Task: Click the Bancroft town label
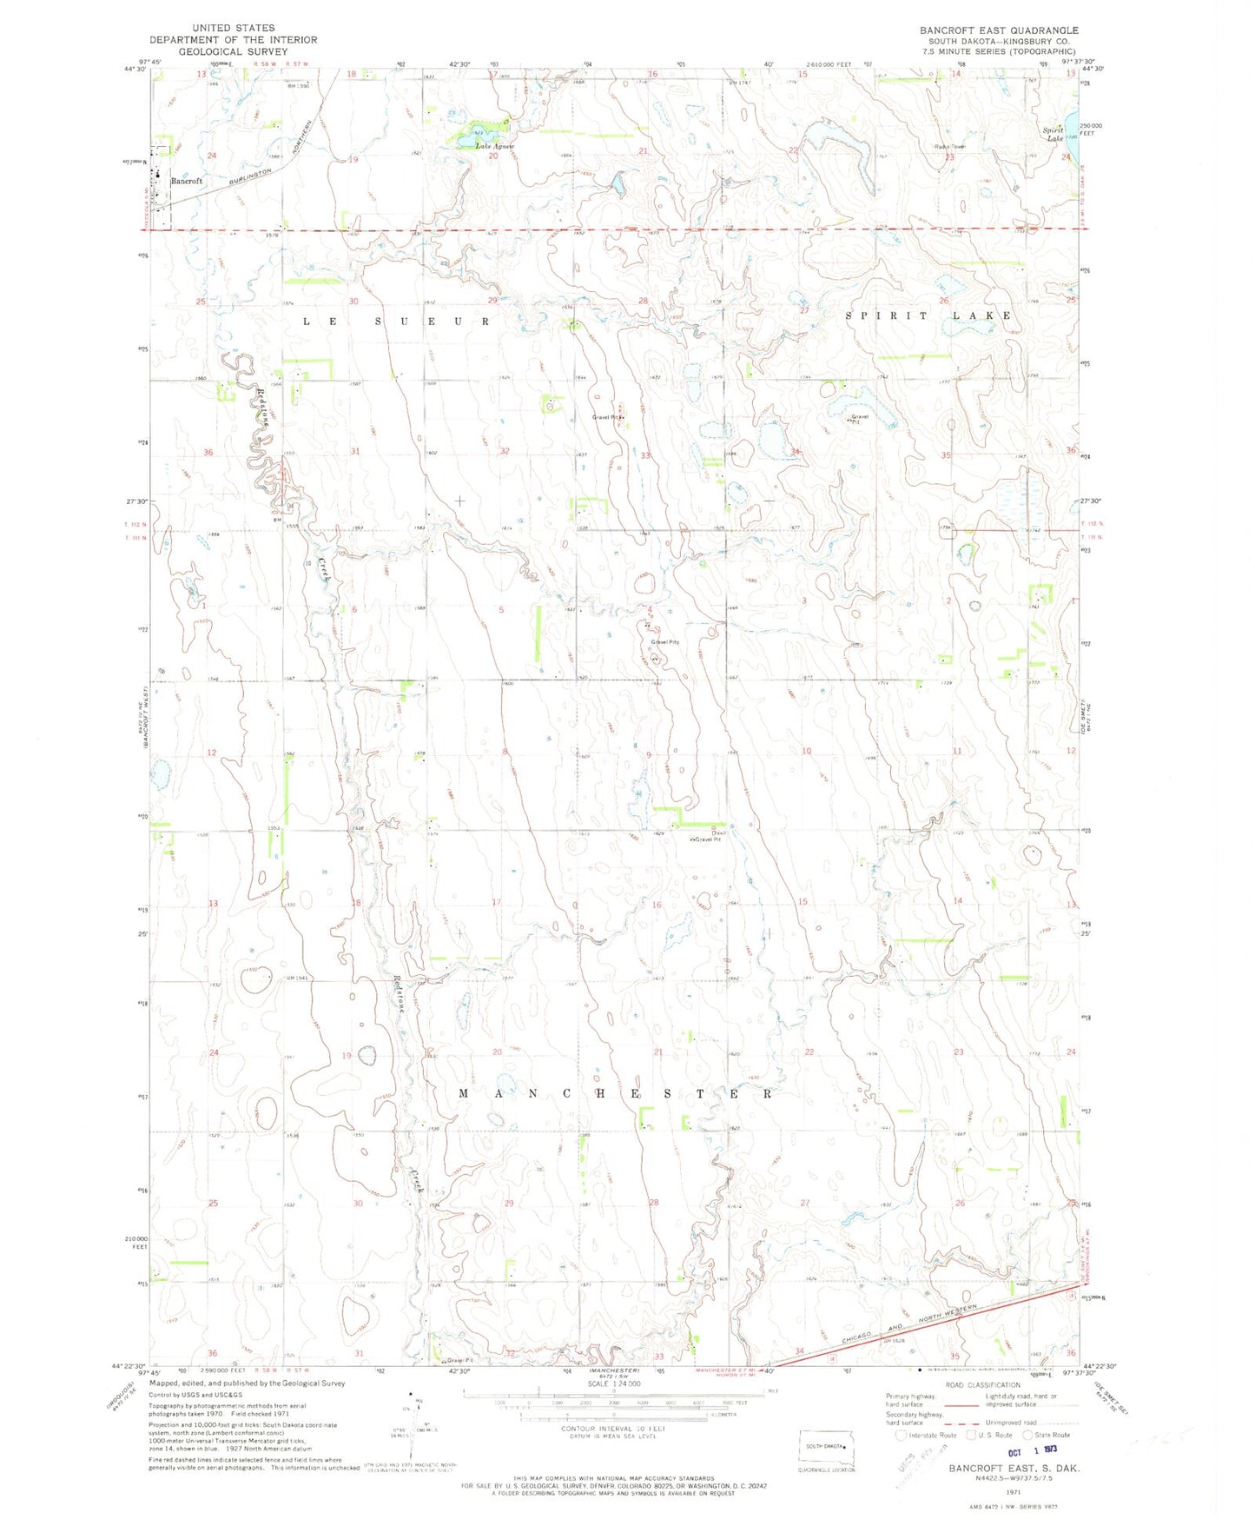tap(186, 181)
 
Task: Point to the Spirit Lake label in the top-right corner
tap(1054, 134)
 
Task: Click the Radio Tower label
tap(949, 146)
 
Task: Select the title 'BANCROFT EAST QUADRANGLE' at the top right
tap(999, 30)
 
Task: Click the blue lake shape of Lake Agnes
tap(476, 133)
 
